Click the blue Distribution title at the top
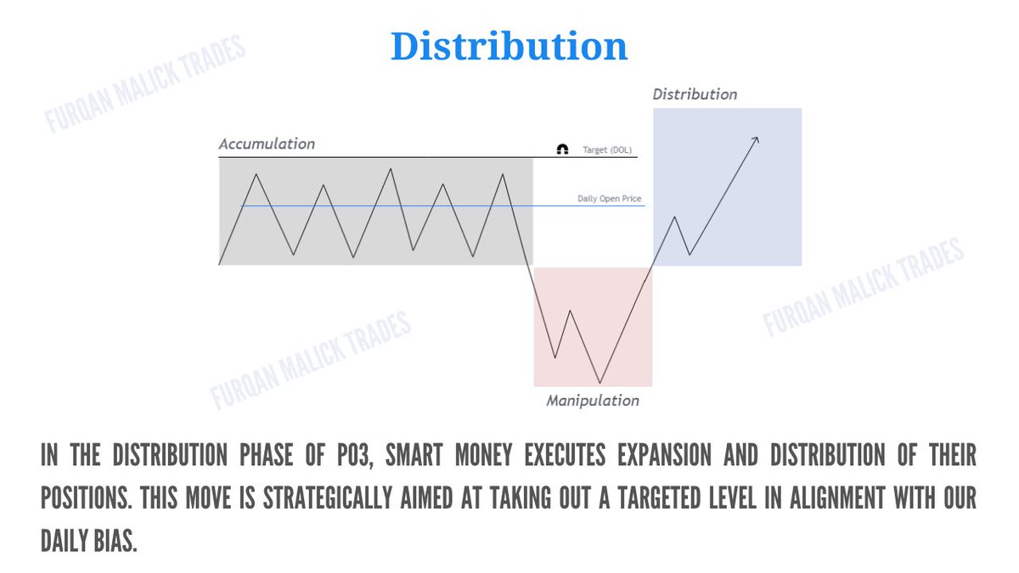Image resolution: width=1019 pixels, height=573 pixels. (509, 48)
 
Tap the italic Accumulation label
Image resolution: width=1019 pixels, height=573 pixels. (267, 144)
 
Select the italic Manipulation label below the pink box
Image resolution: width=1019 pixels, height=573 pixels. (593, 401)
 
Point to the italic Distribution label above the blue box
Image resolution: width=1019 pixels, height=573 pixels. (695, 94)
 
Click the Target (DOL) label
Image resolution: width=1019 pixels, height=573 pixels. (607, 150)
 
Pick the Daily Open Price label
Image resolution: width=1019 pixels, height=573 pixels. (610, 199)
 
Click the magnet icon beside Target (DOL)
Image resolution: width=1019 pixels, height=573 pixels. (562, 149)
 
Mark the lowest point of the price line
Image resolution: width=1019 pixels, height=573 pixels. (600, 383)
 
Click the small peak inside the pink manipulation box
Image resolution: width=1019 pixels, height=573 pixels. (570, 311)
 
